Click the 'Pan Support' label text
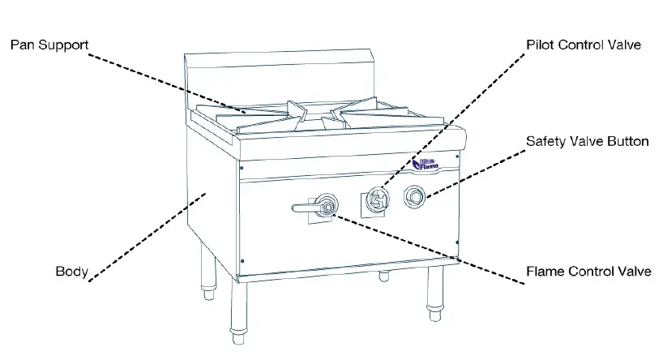[48, 44]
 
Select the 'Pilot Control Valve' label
[583, 45]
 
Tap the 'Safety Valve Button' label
[587, 141]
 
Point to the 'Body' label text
[71, 271]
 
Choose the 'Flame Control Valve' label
[588, 271]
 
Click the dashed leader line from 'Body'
[146, 235]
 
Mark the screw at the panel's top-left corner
[242, 169]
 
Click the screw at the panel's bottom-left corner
[243, 259]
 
